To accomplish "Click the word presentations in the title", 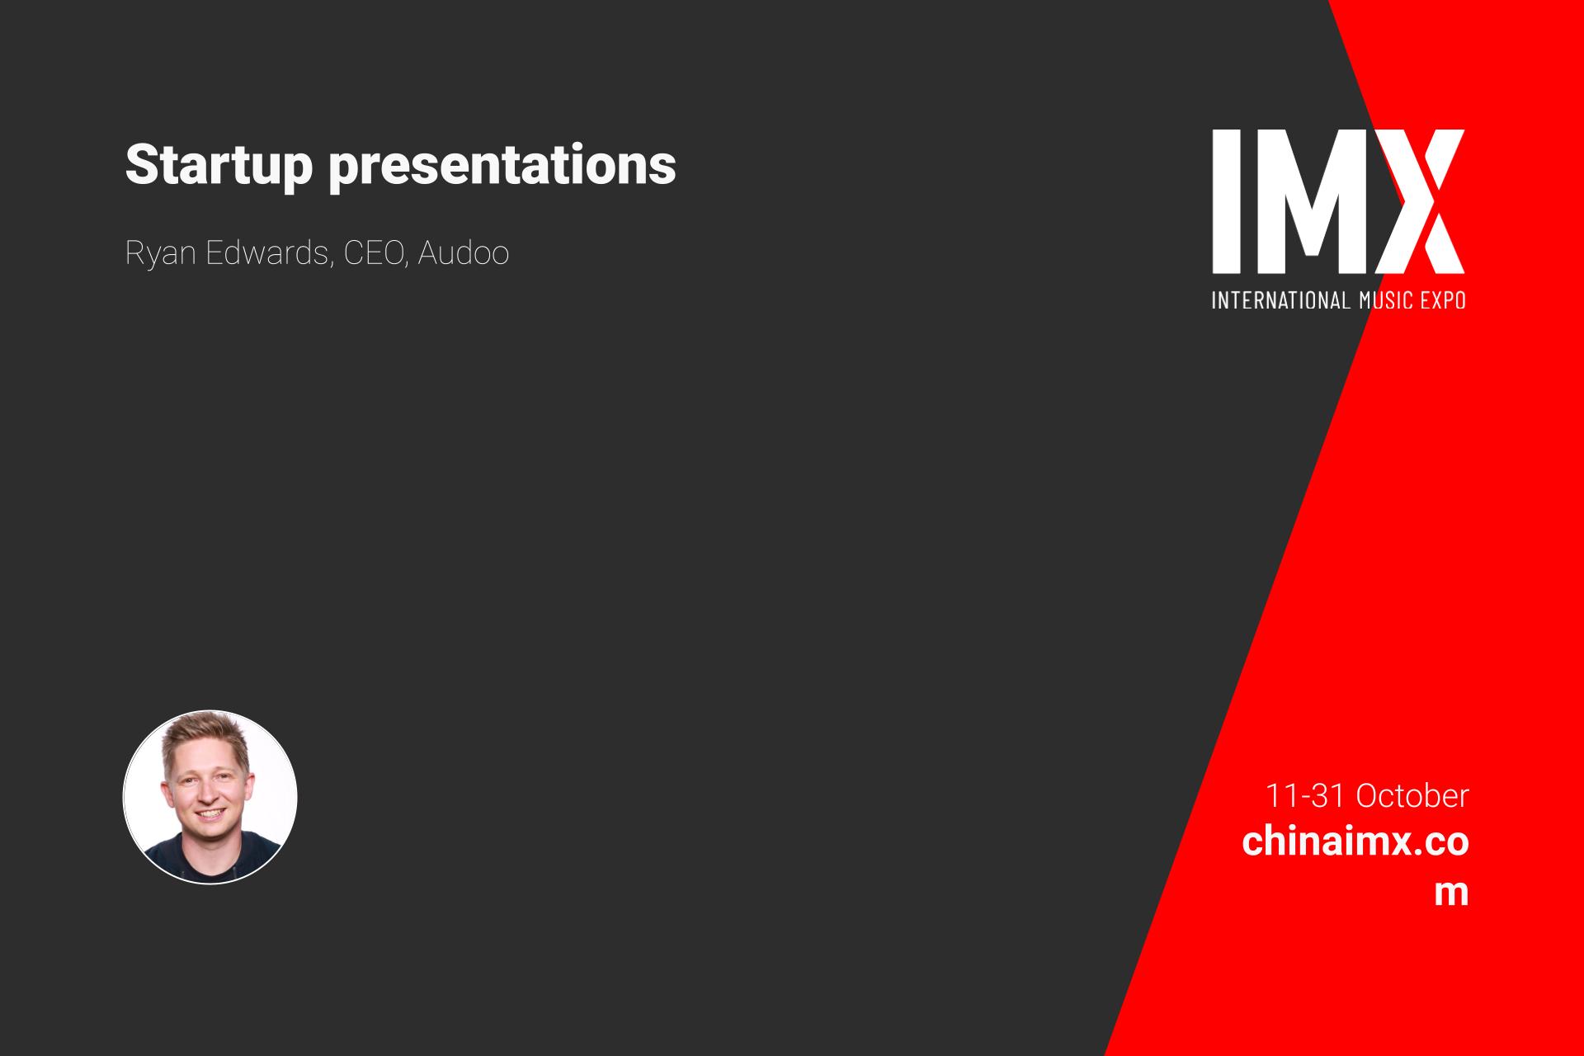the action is tap(502, 166).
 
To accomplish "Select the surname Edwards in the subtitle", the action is tap(269, 252).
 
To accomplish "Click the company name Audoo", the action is tap(464, 252).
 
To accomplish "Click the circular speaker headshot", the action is tap(210, 797).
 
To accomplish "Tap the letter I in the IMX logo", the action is tap(1225, 201).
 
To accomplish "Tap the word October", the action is tap(1412, 796).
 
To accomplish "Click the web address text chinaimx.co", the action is tap(1355, 842).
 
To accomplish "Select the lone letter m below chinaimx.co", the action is tap(1451, 893).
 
